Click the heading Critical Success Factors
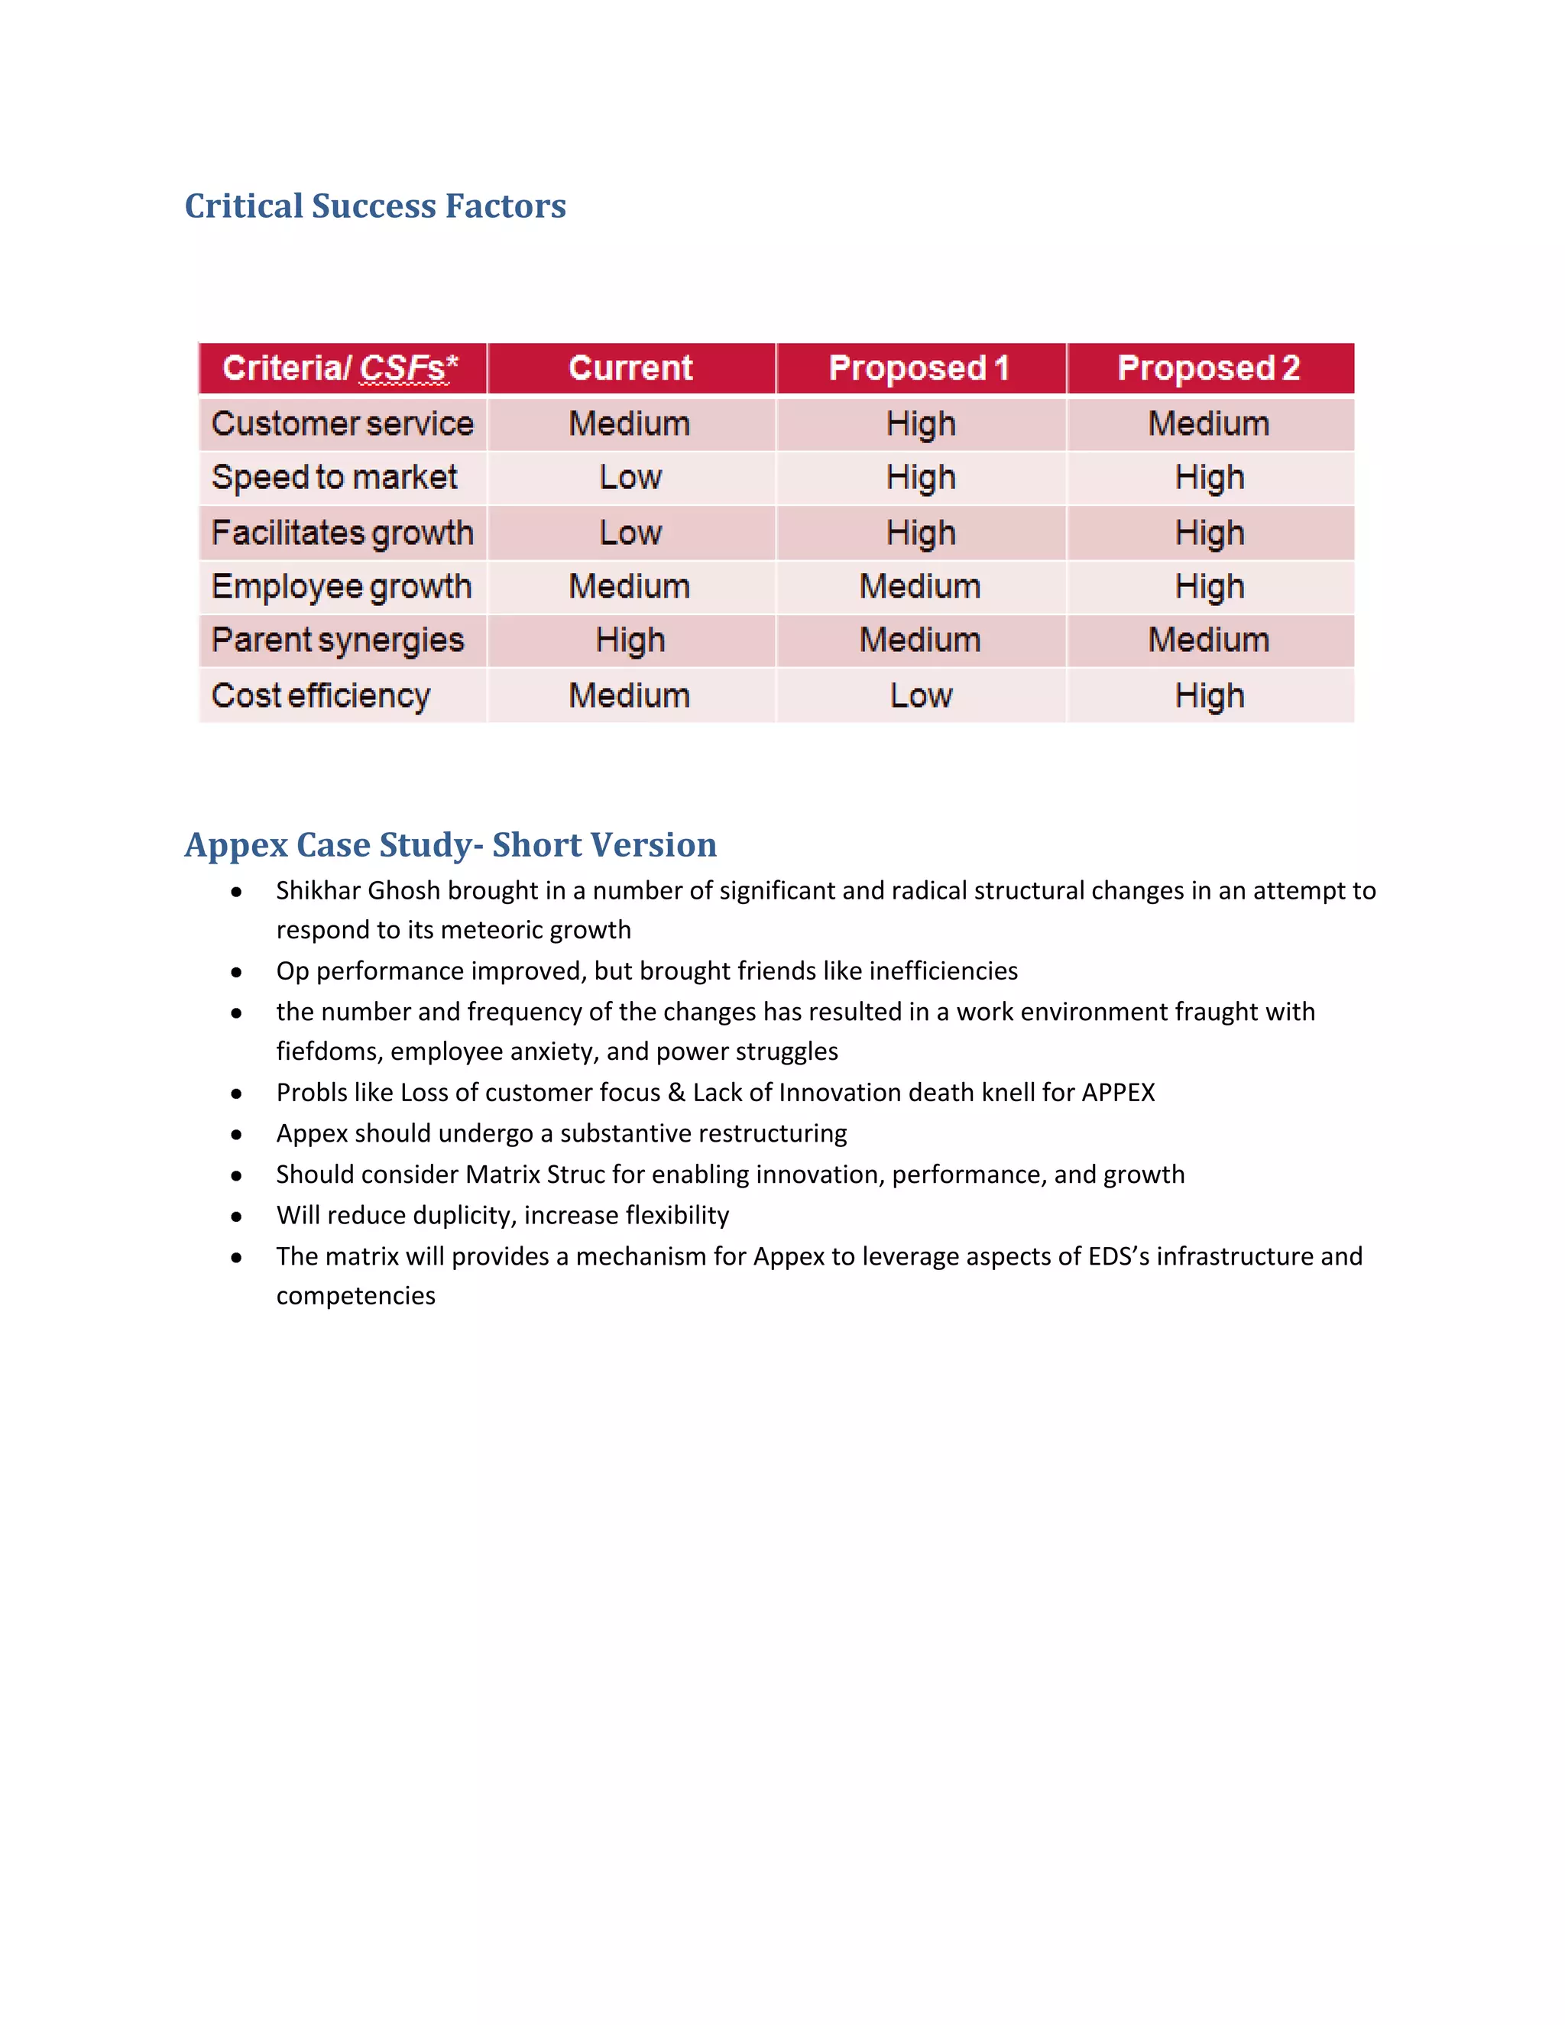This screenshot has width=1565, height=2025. click(374, 206)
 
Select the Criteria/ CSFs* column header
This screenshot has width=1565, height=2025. click(340, 368)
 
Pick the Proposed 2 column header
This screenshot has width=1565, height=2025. click(1208, 368)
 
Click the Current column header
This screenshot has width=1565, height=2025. click(630, 368)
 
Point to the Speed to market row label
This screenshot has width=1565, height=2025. click(334, 478)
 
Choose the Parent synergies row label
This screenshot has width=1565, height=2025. click(338, 640)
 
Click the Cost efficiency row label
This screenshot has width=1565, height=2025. click(321, 695)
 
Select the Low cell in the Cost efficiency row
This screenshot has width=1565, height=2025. click(921, 695)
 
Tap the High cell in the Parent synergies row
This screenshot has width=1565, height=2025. click(630, 640)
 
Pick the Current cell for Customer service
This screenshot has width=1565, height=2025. click(630, 424)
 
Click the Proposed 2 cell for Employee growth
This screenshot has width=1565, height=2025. click(1209, 587)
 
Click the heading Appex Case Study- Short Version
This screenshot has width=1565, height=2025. click(451, 844)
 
